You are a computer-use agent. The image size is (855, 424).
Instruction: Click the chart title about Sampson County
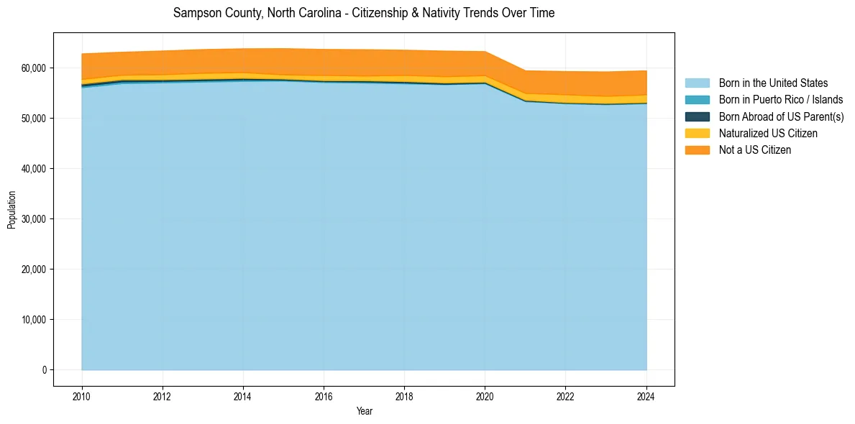coord(364,13)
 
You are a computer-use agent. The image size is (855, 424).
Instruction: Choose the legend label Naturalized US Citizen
coord(768,133)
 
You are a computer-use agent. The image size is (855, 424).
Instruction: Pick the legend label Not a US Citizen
coord(755,149)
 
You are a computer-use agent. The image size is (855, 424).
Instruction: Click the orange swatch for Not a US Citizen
coord(697,149)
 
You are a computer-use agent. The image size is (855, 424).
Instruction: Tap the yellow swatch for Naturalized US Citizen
coord(697,133)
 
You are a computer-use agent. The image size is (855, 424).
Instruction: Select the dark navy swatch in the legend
coord(697,116)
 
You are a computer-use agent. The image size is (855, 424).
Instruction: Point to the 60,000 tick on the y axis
coord(34,68)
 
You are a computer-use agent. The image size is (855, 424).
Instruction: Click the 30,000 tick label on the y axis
coord(34,218)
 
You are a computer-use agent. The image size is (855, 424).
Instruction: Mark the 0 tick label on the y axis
coord(44,370)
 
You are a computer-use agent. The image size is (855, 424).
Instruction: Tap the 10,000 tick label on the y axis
coord(34,320)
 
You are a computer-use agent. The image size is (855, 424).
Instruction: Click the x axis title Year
coord(364,411)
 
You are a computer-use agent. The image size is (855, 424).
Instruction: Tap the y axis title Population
coord(12,210)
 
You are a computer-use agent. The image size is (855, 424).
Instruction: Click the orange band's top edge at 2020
coord(485,52)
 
